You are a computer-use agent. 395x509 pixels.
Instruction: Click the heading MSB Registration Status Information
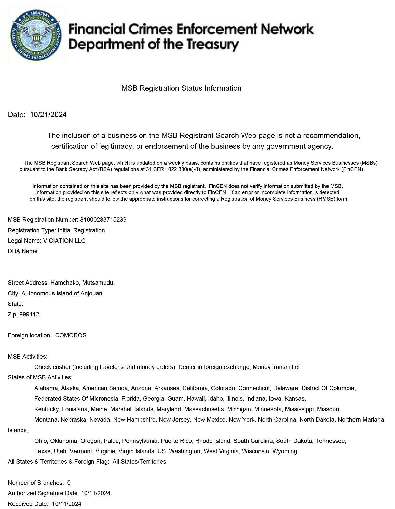click(181, 88)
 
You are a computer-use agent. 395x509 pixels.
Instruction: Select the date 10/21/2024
click(48, 115)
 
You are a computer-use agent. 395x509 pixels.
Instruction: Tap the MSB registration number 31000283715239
click(103, 220)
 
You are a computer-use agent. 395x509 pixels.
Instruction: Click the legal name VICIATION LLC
click(64, 241)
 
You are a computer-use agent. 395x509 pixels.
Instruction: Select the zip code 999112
click(29, 314)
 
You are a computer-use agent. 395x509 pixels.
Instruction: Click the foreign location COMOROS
click(71, 335)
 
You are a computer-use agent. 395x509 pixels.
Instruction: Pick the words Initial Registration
click(81, 230)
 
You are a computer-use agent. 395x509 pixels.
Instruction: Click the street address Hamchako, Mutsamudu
click(83, 283)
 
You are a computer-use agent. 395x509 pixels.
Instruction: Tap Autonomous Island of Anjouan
click(62, 293)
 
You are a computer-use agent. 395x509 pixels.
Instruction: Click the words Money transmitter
click(276, 367)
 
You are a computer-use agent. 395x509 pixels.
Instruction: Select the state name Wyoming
click(285, 451)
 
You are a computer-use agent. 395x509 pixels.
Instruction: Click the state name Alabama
click(46, 388)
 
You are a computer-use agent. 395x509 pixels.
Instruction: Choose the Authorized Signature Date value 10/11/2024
click(96, 493)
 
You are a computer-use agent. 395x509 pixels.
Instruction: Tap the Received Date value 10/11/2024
click(67, 504)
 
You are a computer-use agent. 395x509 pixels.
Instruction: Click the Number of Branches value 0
click(69, 483)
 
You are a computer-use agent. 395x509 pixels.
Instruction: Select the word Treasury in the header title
click(213, 45)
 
